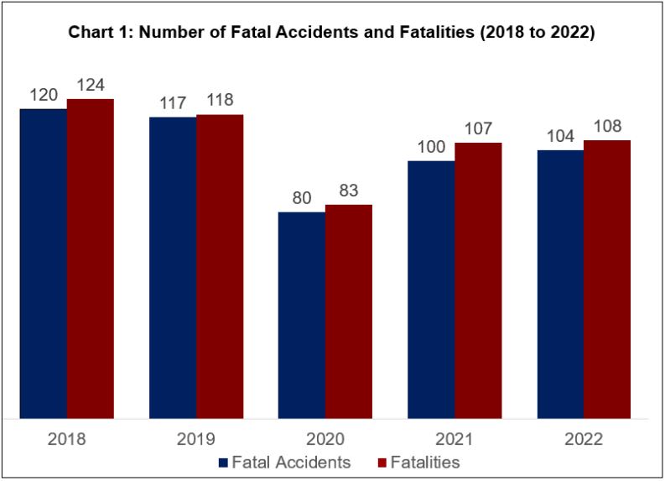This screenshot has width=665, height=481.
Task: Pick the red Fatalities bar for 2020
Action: pos(349,311)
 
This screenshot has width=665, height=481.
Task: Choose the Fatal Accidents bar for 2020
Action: pos(302,315)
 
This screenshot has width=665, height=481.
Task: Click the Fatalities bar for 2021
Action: pos(478,280)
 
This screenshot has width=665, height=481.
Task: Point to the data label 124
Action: pos(91,86)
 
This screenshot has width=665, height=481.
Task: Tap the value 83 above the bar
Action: pos(349,191)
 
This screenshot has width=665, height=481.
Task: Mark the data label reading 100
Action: pos(431,147)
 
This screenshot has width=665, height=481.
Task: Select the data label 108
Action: pos(607,127)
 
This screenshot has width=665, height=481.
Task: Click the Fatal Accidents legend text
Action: pos(291,462)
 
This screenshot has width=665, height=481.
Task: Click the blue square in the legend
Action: pos(223,462)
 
